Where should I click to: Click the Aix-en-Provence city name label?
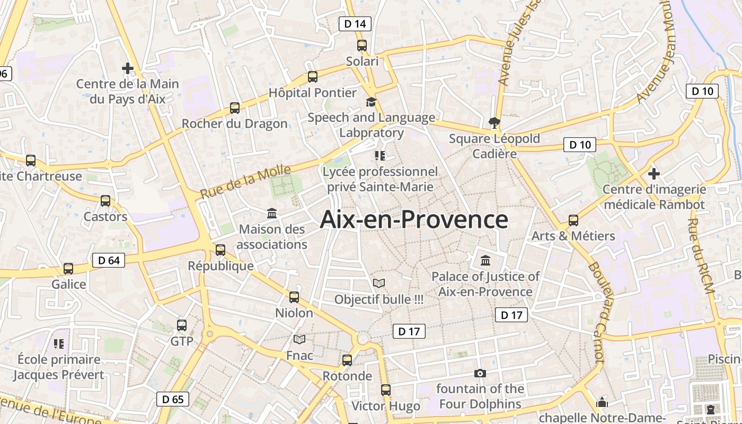(x=414, y=219)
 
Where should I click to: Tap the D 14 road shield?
(x=355, y=24)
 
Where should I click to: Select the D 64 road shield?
(x=109, y=260)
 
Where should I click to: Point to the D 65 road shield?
(x=173, y=399)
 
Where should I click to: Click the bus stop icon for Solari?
(x=362, y=46)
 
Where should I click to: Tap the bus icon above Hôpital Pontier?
(x=313, y=77)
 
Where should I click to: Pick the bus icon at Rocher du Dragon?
(x=235, y=108)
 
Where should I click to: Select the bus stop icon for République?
(x=220, y=250)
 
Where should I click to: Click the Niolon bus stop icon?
(x=294, y=297)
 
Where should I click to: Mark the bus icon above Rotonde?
(x=347, y=360)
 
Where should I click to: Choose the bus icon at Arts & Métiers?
(x=573, y=220)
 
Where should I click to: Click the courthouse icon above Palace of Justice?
(x=485, y=260)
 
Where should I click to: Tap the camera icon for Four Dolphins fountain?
(x=480, y=373)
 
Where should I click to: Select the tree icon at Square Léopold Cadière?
(x=494, y=123)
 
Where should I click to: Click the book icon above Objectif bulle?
(x=379, y=284)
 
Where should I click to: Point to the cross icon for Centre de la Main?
(x=128, y=68)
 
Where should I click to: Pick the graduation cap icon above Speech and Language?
(x=371, y=102)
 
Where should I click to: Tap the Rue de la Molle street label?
(x=246, y=182)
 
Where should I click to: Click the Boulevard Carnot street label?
(x=597, y=313)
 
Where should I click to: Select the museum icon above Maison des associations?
(x=272, y=214)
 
